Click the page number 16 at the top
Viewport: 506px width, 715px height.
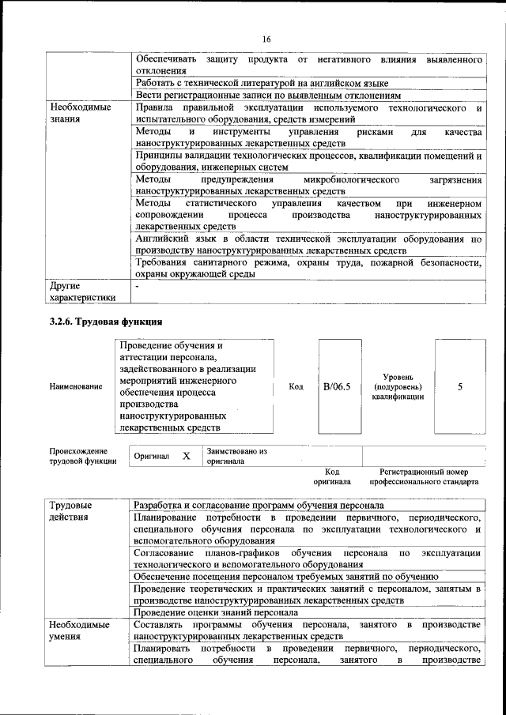[266, 40]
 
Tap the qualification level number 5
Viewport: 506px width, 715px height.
[459, 386]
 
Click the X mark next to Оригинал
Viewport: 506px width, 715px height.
[187, 457]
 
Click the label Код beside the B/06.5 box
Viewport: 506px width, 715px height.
[296, 386]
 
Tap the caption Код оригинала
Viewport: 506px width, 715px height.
[332, 476]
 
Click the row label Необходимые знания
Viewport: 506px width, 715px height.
[79, 111]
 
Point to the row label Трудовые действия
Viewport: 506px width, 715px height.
[70, 510]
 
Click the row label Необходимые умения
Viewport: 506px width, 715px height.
[79, 630]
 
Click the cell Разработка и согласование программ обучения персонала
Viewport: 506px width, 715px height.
[259, 505]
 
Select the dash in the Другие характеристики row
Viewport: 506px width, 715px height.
[138, 286]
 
